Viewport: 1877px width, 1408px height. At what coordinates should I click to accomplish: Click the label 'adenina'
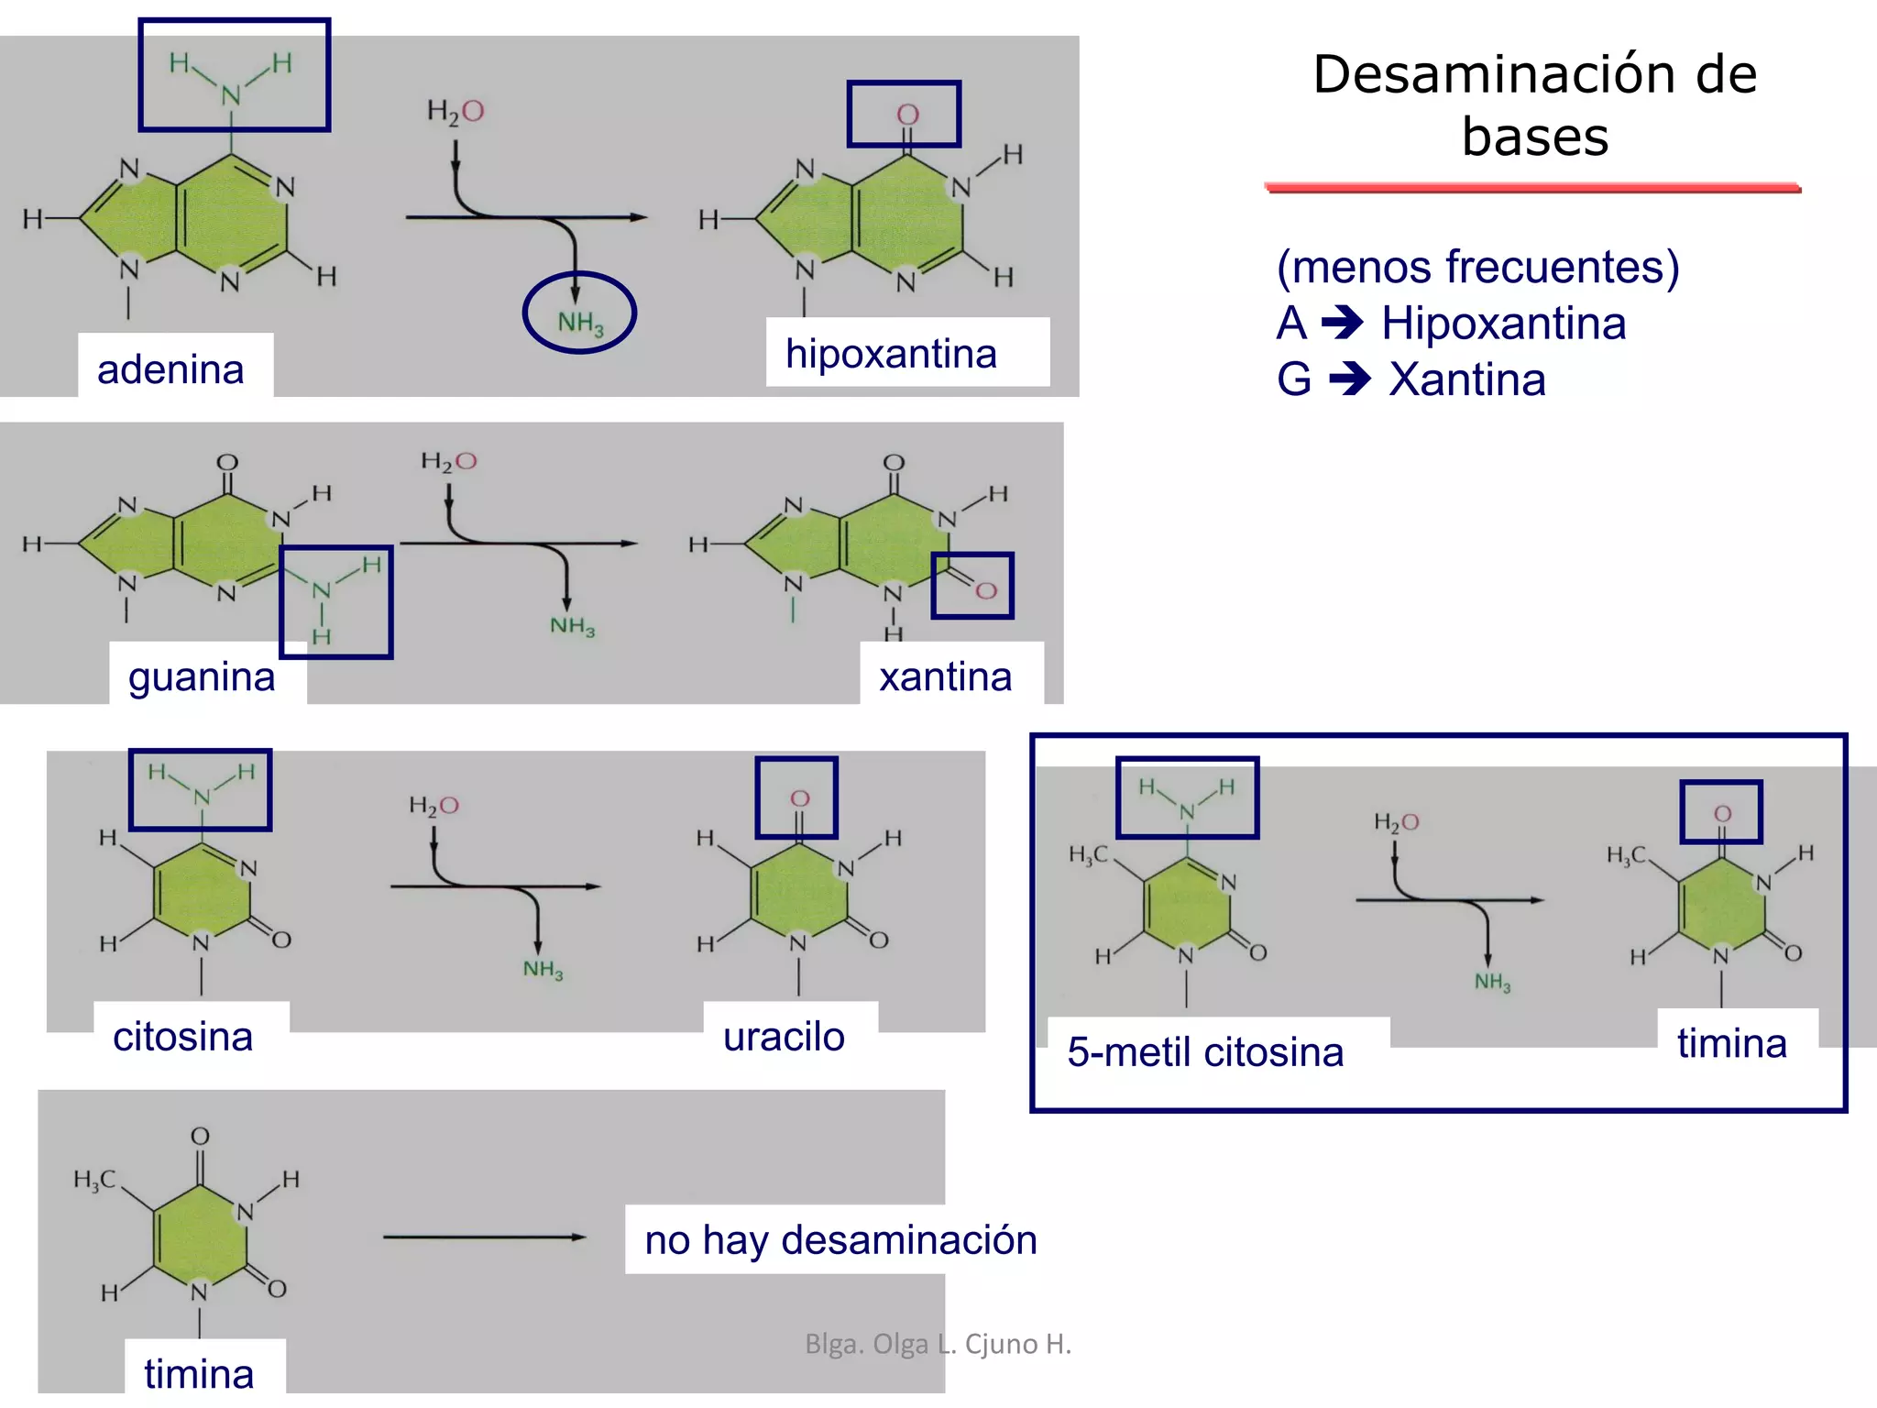[x=170, y=370]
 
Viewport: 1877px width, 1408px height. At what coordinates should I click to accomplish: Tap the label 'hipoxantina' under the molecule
[x=891, y=354]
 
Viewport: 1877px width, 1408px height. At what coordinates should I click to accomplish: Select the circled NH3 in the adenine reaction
[x=580, y=321]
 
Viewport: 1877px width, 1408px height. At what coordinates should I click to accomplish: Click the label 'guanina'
[x=202, y=677]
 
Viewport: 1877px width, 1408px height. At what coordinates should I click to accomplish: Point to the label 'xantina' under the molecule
[x=946, y=677]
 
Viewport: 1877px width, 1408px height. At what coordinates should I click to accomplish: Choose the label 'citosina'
[x=182, y=1037]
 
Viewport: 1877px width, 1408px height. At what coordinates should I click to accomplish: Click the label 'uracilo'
[x=784, y=1037]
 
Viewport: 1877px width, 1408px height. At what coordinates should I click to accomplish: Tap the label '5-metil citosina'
[x=1205, y=1052]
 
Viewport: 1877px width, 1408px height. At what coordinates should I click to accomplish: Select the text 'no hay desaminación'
[x=840, y=1239]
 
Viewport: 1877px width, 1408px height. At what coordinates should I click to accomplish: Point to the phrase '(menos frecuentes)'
[x=1477, y=267]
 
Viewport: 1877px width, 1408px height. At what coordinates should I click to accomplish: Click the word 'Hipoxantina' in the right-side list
[x=1503, y=324]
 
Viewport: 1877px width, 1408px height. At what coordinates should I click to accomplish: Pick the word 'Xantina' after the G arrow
[x=1466, y=379]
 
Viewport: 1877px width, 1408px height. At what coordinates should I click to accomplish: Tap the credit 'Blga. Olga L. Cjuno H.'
[x=938, y=1344]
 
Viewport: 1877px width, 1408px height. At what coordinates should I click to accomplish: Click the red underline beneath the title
[x=1532, y=188]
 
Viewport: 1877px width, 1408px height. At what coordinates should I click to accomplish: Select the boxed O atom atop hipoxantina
[x=907, y=115]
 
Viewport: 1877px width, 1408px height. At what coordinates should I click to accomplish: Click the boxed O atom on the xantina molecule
[x=985, y=589]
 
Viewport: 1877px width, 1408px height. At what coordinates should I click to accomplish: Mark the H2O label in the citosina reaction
[x=434, y=806]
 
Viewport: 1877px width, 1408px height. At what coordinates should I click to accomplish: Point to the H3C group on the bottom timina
[x=94, y=1180]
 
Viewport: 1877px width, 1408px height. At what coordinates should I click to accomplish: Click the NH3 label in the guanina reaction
[x=572, y=626]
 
